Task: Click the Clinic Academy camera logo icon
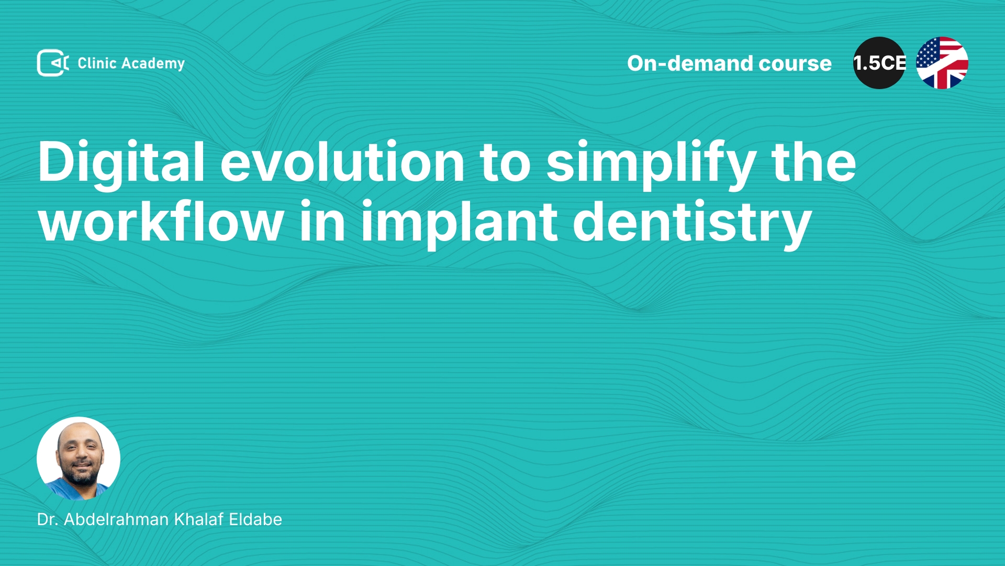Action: pos(53,63)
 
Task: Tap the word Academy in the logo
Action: pos(153,64)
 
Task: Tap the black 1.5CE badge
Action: pos(879,63)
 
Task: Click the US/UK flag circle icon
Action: pos(942,63)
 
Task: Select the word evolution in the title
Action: pos(342,162)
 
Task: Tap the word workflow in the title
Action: pos(161,221)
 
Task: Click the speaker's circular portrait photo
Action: pos(79,459)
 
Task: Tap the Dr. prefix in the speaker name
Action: pos(47,519)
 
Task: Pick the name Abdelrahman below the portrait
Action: pos(116,519)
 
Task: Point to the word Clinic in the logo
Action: pos(97,63)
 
